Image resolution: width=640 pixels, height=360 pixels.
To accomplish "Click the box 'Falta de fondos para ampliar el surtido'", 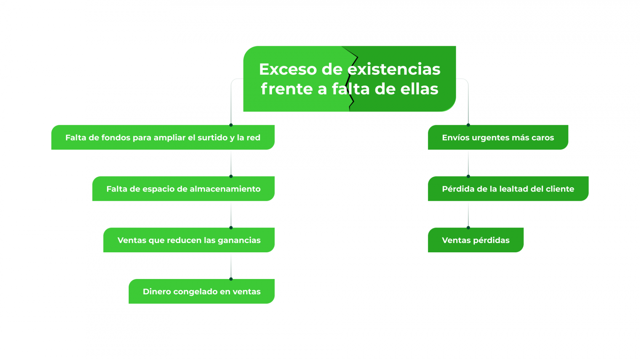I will [x=162, y=138].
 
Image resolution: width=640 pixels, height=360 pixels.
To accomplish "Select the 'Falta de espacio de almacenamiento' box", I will [x=183, y=189].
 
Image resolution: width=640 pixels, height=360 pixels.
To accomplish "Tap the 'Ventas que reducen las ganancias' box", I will [x=189, y=240].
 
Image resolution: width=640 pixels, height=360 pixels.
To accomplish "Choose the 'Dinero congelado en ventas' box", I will [x=202, y=291].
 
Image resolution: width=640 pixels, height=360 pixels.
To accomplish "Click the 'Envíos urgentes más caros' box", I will [x=498, y=138].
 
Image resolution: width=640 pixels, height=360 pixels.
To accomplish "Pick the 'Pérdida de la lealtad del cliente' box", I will [x=508, y=189].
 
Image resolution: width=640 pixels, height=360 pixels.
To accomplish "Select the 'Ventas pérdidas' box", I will [x=475, y=240].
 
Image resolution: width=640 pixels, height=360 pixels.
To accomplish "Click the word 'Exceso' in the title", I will [x=288, y=69].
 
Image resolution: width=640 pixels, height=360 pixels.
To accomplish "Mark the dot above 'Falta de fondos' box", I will [x=231, y=125].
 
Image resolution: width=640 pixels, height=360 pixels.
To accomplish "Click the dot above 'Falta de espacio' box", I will [x=231, y=176].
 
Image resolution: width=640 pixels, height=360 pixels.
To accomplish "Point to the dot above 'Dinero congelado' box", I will [x=231, y=279].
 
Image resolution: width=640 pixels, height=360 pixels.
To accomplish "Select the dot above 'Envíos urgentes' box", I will [x=468, y=125].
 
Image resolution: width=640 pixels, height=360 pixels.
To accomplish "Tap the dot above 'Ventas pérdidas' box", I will [x=468, y=227].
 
